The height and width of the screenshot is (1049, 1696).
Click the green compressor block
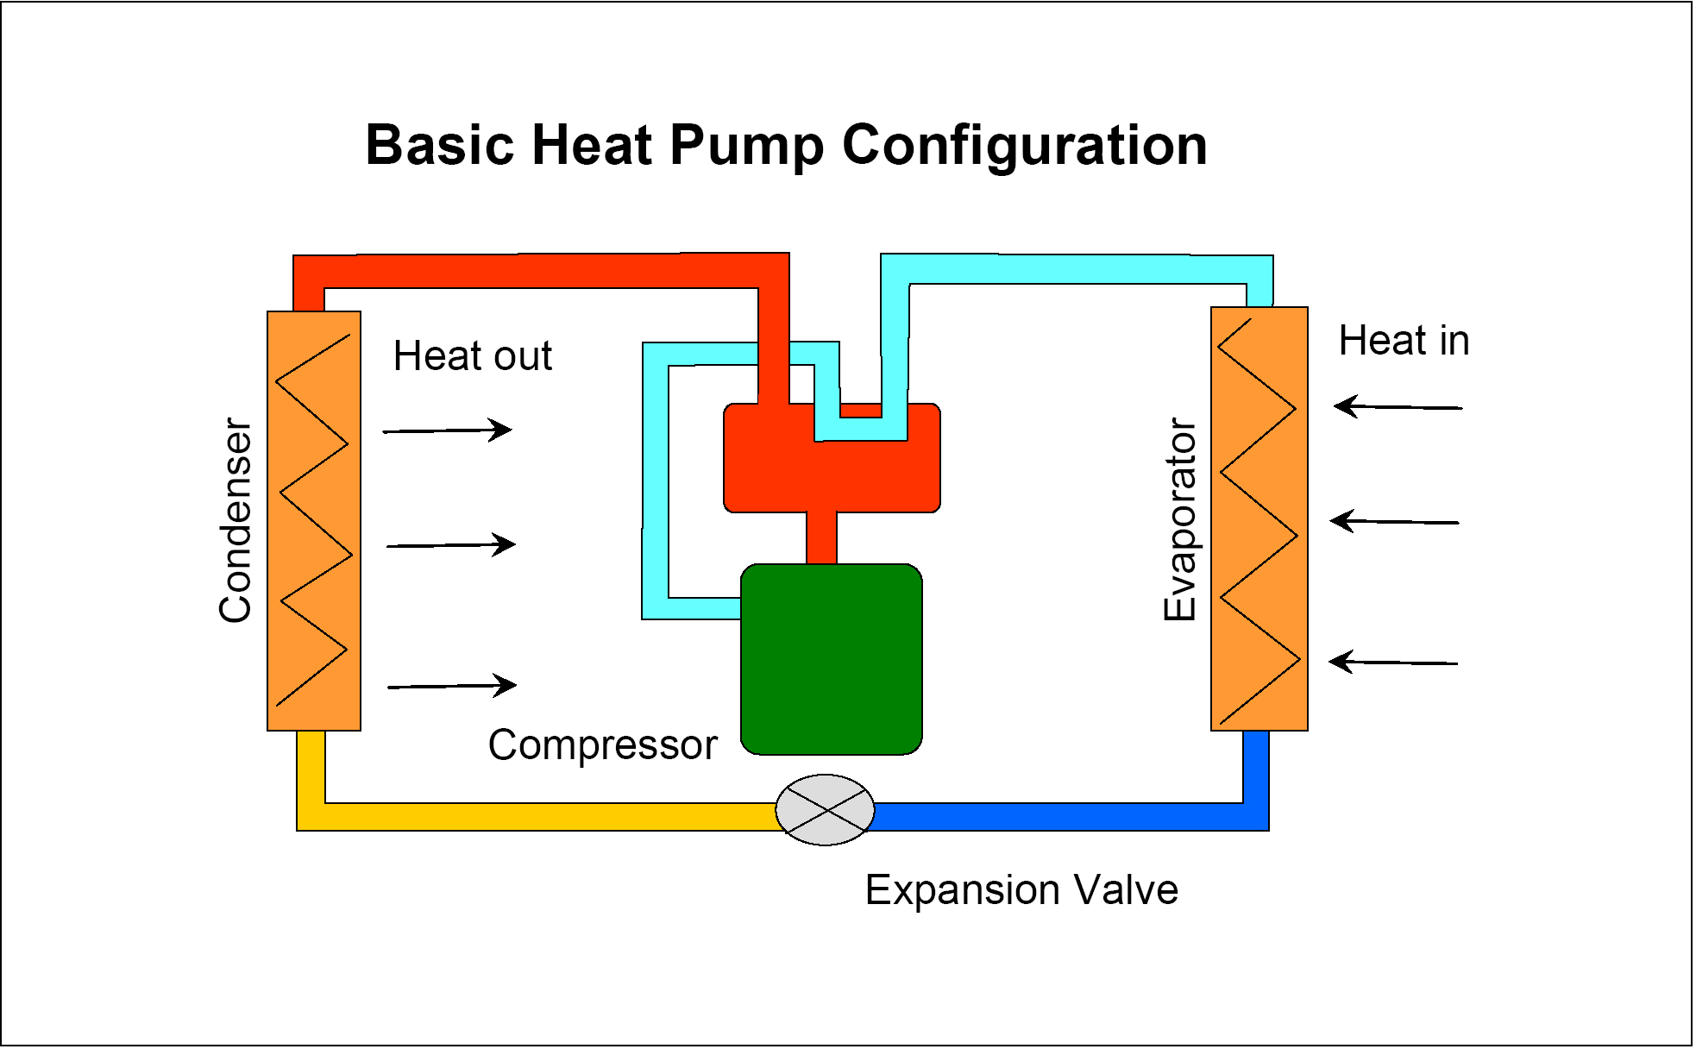832,660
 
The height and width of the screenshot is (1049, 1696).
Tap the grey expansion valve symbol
825,810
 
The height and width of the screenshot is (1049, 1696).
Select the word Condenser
236,520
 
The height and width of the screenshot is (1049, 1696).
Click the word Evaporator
1180,519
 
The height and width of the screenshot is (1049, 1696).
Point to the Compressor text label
602,744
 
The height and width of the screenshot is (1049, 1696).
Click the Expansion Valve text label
1021,889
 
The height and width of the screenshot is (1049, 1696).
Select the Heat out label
472,355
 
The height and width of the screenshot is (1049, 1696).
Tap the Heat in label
1404,341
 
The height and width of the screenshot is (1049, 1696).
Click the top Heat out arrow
448,430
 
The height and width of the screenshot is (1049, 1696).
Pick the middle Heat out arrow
451,545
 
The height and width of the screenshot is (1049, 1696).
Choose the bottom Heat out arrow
452,686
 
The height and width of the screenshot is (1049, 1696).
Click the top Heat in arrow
1398,406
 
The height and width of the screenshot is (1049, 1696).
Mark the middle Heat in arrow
1394,522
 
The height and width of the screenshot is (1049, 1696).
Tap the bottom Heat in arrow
1393,663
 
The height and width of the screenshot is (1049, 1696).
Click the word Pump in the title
746,145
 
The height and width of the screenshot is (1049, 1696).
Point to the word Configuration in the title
1024,145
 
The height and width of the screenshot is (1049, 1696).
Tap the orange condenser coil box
314,520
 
